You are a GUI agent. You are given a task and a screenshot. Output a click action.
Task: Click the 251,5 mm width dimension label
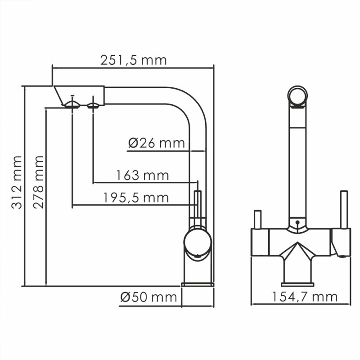coord(134,60)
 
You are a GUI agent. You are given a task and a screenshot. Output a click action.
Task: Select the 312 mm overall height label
coord(17,182)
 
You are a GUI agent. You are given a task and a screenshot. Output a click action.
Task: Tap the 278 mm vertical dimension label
coord(38,182)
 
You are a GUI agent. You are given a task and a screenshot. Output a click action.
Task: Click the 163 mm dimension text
coord(142,175)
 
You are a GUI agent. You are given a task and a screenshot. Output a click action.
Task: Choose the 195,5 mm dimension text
coord(136,198)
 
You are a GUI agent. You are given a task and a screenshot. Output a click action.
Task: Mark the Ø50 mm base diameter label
coord(148,297)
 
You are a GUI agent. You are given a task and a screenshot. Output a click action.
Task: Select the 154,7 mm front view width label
coord(304,297)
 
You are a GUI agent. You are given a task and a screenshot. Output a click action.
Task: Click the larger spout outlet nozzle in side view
coord(72,105)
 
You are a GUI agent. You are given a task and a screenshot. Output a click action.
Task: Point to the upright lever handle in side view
coord(197,207)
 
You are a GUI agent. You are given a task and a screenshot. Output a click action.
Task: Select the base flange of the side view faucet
coord(197,284)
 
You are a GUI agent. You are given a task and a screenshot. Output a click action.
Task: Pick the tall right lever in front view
coord(344,209)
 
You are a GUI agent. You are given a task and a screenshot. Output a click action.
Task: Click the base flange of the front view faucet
coord(297,284)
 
